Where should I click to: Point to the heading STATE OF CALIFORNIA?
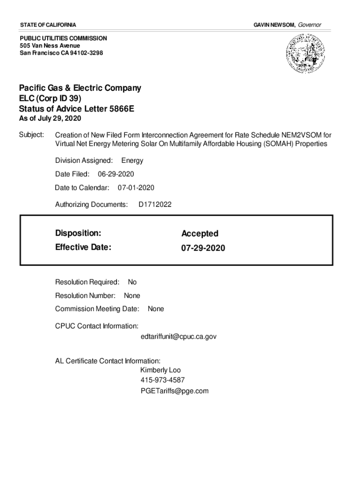tap(48, 24)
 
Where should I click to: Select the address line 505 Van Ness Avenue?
tap(50, 45)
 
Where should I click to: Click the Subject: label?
tap(31, 135)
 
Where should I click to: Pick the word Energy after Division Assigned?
tap(132, 160)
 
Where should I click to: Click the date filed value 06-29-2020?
tap(116, 174)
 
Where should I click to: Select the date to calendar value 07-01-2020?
tap(136, 188)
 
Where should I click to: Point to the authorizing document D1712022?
tap(155, 204)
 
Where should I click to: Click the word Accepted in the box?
tap(200, 233)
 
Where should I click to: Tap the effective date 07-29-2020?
tap(203, 248)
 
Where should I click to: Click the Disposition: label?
tap(78, 233)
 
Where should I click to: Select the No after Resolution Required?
tap(132, 282)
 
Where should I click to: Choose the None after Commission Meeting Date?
tap(156, 309)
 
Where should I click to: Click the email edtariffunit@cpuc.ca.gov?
tap(178, 336)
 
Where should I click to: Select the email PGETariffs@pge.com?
tap(174, 391)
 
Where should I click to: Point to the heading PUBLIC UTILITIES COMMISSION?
tap(63, 38)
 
